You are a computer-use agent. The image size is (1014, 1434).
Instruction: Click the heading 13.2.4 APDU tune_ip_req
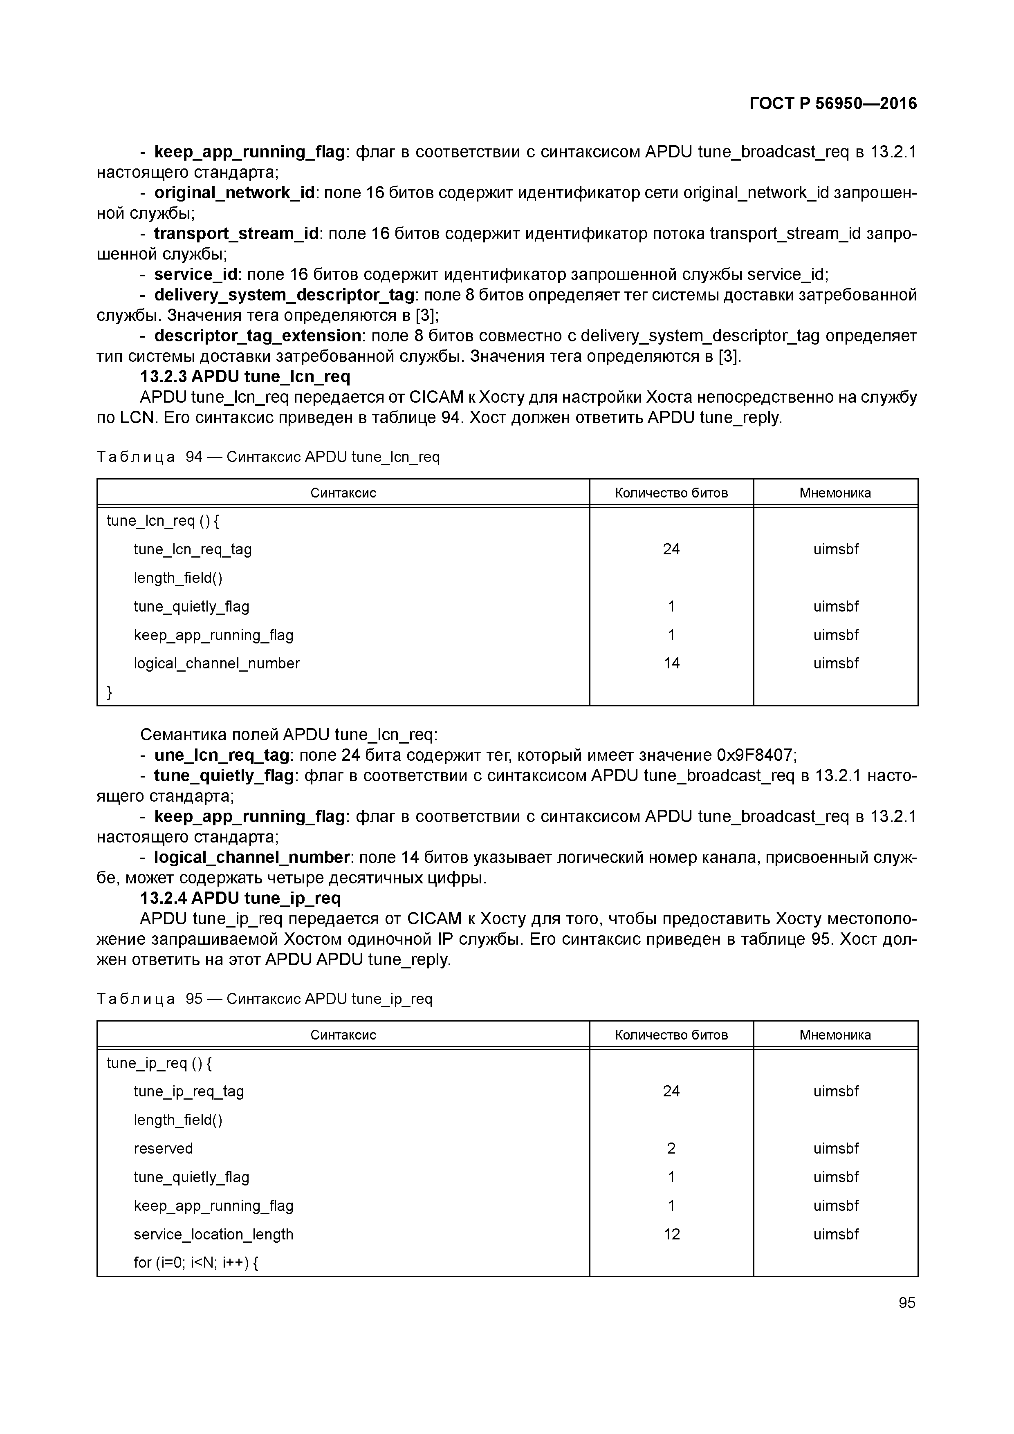pyautogui.click(x=240, y=898)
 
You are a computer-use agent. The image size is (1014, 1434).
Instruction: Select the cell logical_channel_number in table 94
pyautogui.click(x=216, y=663)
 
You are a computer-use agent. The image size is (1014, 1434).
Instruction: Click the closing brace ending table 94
pyautogui.click(x=110, y=692)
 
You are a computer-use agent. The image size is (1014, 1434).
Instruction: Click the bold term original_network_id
pyautogui.click(x=234, y=193)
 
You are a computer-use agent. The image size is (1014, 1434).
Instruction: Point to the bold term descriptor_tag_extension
pyautogui.click(x=258, y=336)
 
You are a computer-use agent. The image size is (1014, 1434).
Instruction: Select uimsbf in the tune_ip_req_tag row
pyautogui.click(x=835, y=1091)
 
